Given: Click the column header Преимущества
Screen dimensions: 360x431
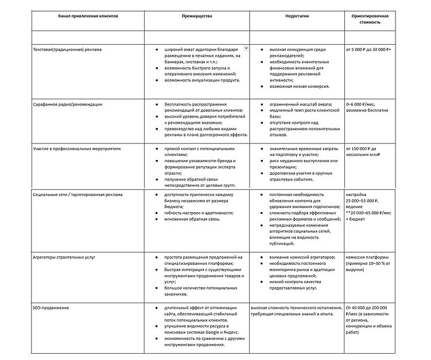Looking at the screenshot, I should [196, 17].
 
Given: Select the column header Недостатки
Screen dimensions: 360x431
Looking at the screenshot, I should [297, 17].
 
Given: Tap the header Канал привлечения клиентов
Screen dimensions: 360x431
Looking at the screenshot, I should [88, 17].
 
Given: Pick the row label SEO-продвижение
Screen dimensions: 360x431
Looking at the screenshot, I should [51, 308].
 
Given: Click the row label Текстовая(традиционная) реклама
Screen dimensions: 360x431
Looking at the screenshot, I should [68, 49].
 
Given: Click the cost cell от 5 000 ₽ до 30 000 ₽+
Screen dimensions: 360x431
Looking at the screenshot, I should [368, 49].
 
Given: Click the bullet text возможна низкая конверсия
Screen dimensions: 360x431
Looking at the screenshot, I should [298, 87].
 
